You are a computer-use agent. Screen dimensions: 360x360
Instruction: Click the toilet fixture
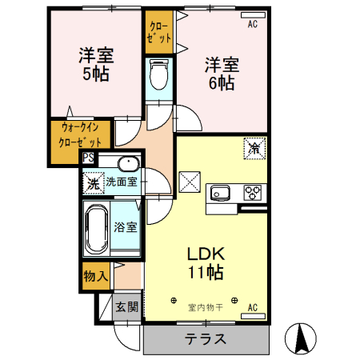(x=158, y=78)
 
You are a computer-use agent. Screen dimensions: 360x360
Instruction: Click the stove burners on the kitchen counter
(x=252, y=193)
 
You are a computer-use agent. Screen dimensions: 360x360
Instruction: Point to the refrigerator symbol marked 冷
(x=254, y=148)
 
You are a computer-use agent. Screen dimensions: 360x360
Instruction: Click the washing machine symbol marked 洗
(x=94, y=182)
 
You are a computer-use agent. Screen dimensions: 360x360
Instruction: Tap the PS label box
(x=88, y=158)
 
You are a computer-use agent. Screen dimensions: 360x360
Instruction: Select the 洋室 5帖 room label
(x=96, y=64)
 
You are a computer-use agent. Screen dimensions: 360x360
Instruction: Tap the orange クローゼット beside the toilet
(x=157, y=31)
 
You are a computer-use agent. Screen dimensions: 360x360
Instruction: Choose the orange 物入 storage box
(x=96, y=276)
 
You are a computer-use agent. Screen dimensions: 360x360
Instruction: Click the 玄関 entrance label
(x=126, y=307)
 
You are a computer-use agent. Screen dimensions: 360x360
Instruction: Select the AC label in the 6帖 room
(x=251, y=24)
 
